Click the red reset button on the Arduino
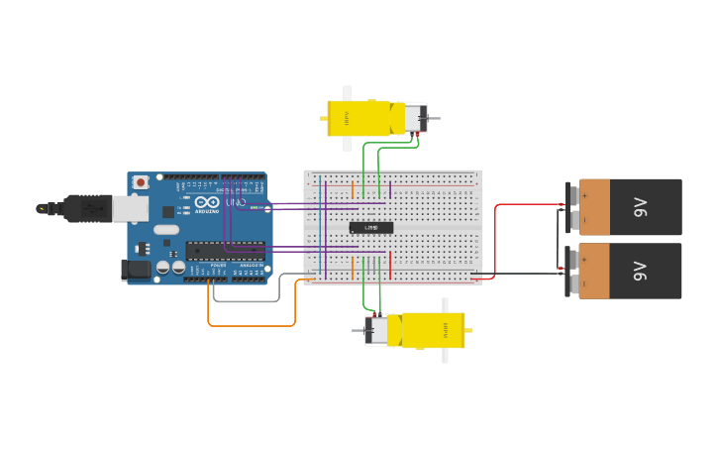click(x=142, y=182)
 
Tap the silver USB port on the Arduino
click(x=130, y=208)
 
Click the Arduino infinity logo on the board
click(x=207, y=202)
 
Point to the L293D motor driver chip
click(x=371, y=228)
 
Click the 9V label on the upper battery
click(x=640, y=207)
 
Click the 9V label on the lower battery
click(x=640, y=271)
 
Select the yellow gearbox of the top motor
click(x=359, y=118)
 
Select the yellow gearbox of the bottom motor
click(x=433, y=330)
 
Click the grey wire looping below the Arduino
click(x=248, y=300)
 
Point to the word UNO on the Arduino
click(x=236, y=202)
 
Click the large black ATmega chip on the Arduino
click(x=225, y=250)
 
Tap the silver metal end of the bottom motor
click(x=375, y=330)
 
